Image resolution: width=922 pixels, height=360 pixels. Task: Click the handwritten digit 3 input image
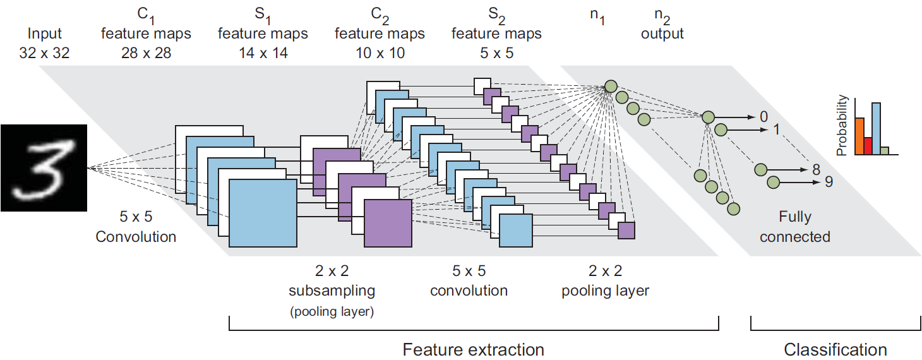tap(42, 167)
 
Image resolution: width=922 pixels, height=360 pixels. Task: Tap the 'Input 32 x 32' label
tap(44, 43)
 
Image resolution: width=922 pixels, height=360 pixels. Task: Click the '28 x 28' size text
tap(145, 53)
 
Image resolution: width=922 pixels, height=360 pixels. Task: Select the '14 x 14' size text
tap(262, 53)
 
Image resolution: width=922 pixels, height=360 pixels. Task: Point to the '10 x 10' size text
tap(380, 53)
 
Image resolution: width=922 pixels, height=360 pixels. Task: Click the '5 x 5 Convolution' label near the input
tap(136, 228)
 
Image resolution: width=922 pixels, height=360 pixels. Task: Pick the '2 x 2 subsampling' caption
tap(332, 281)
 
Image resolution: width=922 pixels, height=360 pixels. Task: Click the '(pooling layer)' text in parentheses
tap(332, 311)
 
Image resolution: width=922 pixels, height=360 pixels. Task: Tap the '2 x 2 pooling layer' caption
tap(606, 281)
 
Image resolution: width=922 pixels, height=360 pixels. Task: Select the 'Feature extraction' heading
tap(473, 349)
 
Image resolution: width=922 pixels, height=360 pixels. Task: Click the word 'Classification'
tap(835, 349)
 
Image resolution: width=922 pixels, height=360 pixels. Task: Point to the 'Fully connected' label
tap(794, 227)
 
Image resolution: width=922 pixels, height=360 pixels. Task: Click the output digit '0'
tap(763, 117)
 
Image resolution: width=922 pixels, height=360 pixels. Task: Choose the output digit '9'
tap(829, 183)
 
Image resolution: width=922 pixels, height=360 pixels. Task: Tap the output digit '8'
tap(816, 170)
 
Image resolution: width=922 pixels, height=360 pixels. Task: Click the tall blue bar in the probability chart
tap(876, 129)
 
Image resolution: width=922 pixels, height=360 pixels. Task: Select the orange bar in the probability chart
tap(859, 136)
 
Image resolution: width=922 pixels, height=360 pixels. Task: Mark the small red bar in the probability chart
tap(868, 146)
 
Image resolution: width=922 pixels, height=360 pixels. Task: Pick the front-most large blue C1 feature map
tap(263, 213)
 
